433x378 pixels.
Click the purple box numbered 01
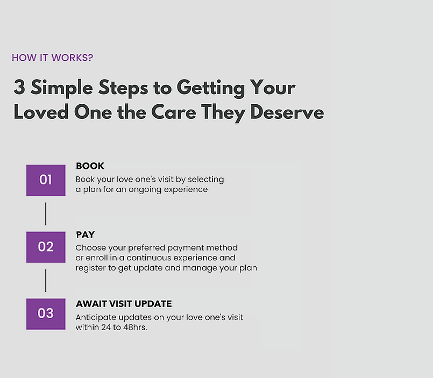(46, 180)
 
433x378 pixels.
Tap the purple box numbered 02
(46, 247)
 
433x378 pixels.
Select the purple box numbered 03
(46, 314)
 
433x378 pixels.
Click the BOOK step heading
(90, 166)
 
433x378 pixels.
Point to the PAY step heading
(86, 234)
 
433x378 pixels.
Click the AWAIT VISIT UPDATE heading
(124, 304)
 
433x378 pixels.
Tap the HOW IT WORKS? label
(53, 58)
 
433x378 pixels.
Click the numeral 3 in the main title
(19, 87)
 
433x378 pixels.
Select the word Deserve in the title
(287, 113)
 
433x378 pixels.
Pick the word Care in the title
(173, 113)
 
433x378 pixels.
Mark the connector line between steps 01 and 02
(46, 213)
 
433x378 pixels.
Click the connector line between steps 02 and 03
(46, 281)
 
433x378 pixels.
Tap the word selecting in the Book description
(205, 180)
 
